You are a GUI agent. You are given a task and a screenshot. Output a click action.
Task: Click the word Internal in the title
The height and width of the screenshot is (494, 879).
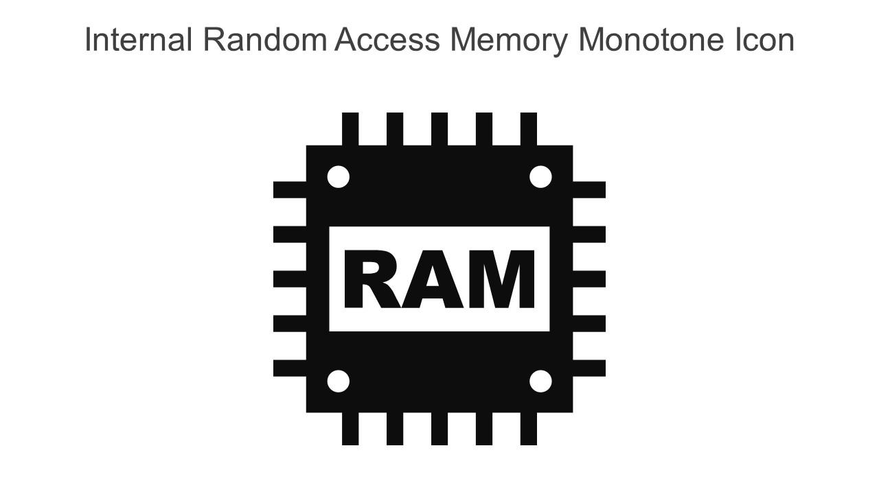coord(137,40)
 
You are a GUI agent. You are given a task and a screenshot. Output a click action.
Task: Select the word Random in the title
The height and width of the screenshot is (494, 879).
coord(264,40)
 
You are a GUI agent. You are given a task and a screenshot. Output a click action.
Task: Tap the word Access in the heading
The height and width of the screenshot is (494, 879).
coord(387,40)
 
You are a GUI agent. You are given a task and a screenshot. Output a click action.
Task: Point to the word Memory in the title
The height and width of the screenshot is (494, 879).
coord(509,40)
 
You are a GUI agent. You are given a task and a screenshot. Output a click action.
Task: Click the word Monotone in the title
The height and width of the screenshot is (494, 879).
coord(652,40)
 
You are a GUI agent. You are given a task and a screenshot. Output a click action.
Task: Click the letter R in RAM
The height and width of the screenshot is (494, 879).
coord(371,280)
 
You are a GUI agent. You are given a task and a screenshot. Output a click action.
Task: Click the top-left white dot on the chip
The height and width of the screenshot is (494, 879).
coord(338,176)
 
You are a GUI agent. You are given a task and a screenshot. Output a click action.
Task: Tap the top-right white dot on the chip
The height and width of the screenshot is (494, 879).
coord(540,176)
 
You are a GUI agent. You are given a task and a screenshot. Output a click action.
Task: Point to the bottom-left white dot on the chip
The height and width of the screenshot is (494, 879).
coord(338,381)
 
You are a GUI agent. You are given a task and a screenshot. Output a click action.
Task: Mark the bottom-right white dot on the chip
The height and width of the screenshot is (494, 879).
coord(540,381)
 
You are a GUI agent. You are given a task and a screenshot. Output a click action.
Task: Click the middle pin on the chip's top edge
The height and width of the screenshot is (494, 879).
coord(439,129)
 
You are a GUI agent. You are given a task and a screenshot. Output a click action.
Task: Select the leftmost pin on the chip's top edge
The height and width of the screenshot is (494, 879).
coord(350,129)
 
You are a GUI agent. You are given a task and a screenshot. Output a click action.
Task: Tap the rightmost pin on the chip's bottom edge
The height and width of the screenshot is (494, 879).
coord(528,429)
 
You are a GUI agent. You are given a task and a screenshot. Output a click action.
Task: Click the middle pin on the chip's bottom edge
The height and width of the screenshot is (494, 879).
coord(439,429)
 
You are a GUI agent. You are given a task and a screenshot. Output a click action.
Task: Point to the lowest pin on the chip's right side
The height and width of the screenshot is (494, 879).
coord(589,368)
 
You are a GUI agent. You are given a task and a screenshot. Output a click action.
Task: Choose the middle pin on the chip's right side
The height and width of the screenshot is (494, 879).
coord(589,279)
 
